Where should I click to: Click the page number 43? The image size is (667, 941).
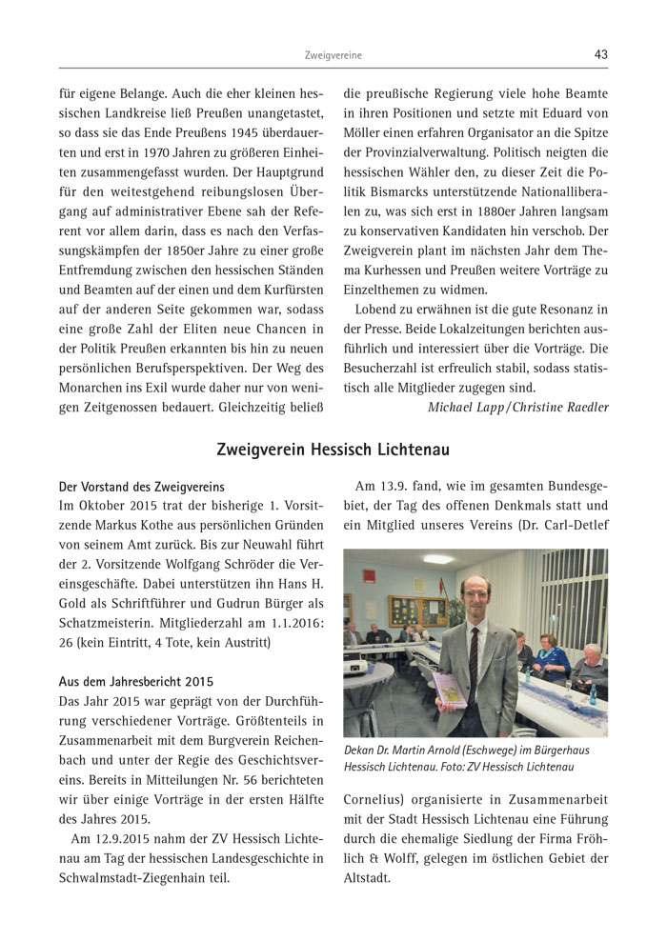coord(600,55)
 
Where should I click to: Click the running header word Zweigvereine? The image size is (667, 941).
coord(333,56)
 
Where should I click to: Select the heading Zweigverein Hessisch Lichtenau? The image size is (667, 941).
coord(333,449)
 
